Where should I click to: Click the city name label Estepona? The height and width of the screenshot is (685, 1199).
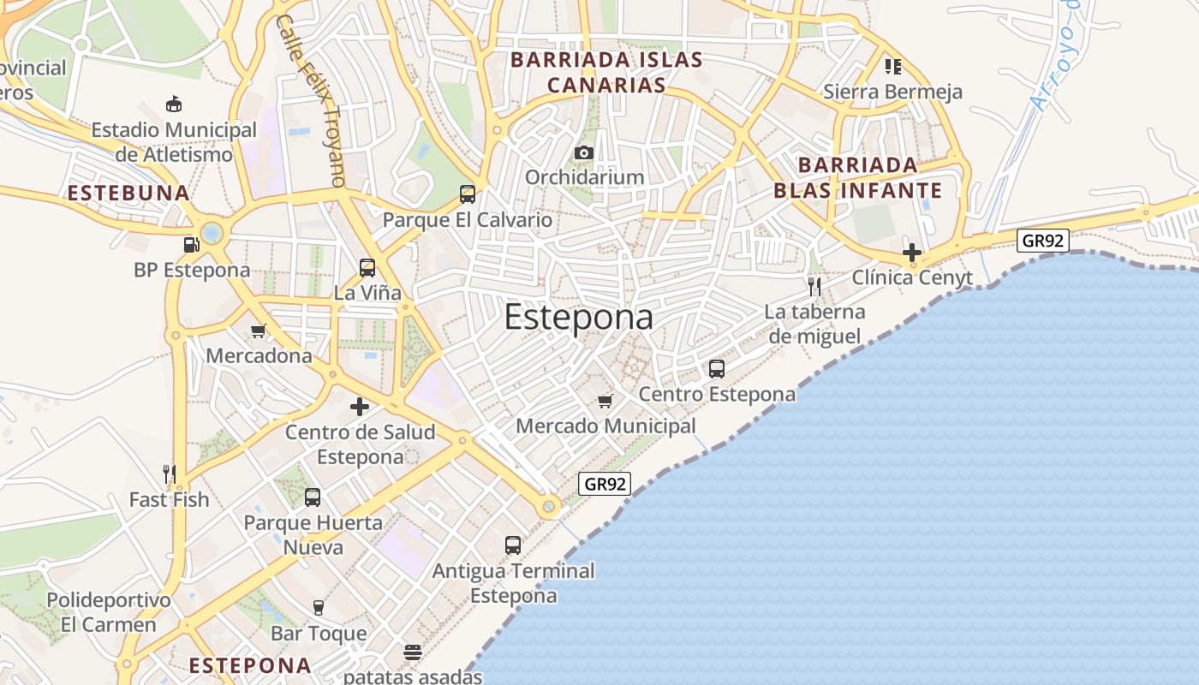578,318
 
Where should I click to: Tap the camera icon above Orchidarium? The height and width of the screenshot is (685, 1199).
584,152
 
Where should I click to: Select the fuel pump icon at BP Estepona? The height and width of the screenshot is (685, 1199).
191,245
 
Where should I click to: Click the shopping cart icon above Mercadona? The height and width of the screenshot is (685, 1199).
259,331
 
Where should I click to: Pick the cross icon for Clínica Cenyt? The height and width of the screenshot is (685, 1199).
912,253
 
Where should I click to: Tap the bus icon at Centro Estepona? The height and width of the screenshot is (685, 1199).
717,369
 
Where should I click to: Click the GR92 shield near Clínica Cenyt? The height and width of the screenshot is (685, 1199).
1042,241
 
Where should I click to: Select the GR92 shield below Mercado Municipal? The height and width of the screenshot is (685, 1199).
605,484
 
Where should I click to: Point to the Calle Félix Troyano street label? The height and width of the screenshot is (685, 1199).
311,100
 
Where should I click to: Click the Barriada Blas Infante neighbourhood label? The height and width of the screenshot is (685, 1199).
857,178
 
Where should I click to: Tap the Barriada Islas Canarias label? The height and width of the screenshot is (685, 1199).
606,73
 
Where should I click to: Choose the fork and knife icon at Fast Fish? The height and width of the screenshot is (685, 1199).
170,474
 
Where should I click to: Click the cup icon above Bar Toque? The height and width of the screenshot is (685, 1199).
319,608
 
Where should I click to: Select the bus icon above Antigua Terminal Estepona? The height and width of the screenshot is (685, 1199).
513,545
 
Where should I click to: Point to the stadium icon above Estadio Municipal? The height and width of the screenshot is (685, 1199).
174,104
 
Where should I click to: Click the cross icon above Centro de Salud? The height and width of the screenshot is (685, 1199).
360,407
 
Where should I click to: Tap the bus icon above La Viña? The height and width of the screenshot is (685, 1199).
367,268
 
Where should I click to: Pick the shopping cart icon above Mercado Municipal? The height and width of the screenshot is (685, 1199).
605,401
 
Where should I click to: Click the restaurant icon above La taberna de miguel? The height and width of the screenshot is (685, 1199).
814,286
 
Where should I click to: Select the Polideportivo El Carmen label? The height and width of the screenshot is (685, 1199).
109,612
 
